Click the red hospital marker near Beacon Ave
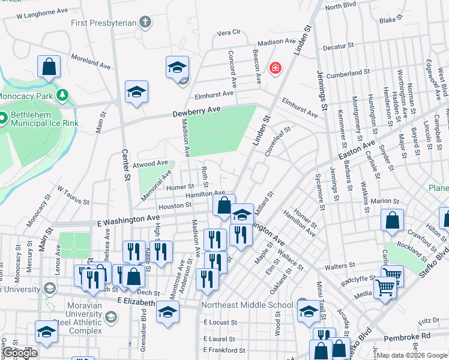coord(276,69)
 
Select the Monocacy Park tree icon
coord(62,95)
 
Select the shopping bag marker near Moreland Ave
coord(49,67)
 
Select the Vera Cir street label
coord(228,32)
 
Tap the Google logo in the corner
coord(19,352)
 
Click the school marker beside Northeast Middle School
coord(309,311)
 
